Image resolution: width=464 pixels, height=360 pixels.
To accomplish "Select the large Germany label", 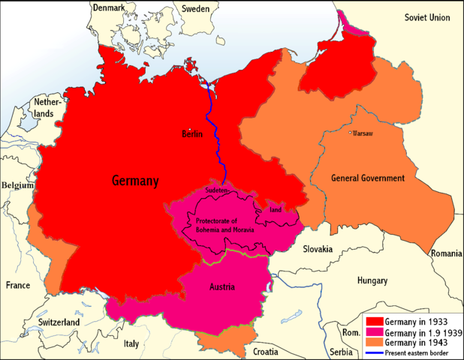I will (x=135, y=181).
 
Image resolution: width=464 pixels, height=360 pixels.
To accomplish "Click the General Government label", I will (x=368, y=178).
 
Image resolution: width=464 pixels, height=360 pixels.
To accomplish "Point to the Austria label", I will (x=222, y=287).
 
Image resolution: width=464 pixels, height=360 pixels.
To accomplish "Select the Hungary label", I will (x=372, y=280).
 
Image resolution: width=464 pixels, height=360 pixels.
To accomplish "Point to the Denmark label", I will (x=110, y=7).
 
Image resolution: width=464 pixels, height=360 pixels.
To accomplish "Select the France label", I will (x=18, y=285).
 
